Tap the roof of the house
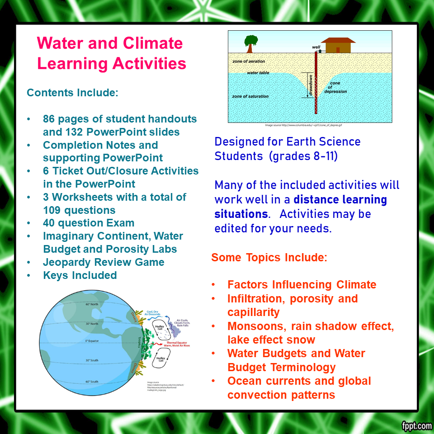(338, 40)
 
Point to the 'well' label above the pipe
(316, 47)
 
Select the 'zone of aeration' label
(248, 61)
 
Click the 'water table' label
(258, 73)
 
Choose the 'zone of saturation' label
(250, 96)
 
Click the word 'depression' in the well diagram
(335, 91)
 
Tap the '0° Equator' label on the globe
(92, 340)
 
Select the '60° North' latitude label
(92, 304)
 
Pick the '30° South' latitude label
(92, 360)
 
